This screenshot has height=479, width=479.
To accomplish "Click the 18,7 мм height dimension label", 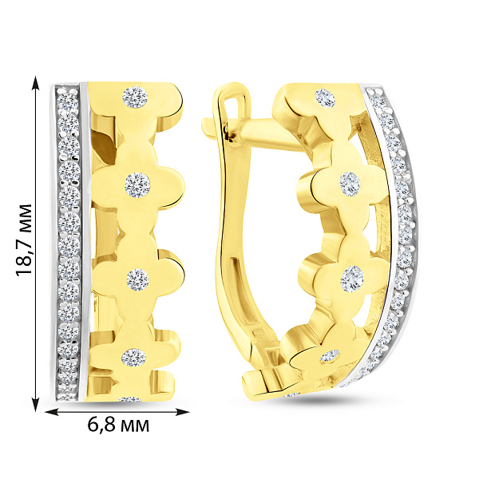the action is (x=24, y=239).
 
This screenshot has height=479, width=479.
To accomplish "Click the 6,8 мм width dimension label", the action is (x=118, y=425).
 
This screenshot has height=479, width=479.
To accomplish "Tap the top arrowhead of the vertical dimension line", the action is (x=36, y=83).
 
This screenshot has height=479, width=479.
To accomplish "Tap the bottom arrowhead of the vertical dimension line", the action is (x=36, y=404).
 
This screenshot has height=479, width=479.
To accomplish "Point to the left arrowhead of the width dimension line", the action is (x=52, y=412).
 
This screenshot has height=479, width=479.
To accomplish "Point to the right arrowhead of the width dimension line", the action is (x=182, y=412).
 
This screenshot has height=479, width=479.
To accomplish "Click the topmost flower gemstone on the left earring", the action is (x=135, y=97).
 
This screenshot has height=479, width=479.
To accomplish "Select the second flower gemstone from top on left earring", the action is (x=137, y=185).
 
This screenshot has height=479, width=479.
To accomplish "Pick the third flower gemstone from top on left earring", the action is (x=137, y=279).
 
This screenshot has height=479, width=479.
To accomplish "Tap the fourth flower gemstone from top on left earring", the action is (x=134, y=357).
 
